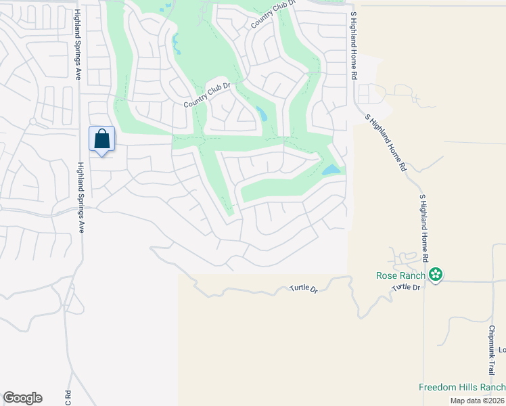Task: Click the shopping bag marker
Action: pyautogui.click(x=101, y=140)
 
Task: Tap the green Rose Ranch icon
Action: pyautogui.click(x=436, y=275)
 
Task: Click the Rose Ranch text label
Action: pyautogui.click(x=400, y=275)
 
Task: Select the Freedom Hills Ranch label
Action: pyautogui.click(x=461, y=387)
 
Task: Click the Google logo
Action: pyautogui.click(x=22, y=398)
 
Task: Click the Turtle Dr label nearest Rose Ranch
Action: pyautogui.click(x=406, y=288)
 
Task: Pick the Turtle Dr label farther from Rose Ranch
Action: pyautogui.click(x=304, y=288)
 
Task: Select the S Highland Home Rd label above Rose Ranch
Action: pyautogui.click(x=424, y=227)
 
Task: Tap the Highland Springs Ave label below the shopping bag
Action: pyautogui.click(x=80, y=198)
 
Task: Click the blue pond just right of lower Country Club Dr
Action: pyautogui.click(x=261, y=113)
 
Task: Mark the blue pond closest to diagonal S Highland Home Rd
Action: pyautogui.click(x=331, y=170)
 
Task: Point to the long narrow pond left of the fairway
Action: pyautogui.click(x=176, y=44)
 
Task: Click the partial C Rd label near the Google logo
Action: pyautogui.click(x=68, y=397)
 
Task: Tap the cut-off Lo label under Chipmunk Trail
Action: pyautogui.click(x=502, y=350)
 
